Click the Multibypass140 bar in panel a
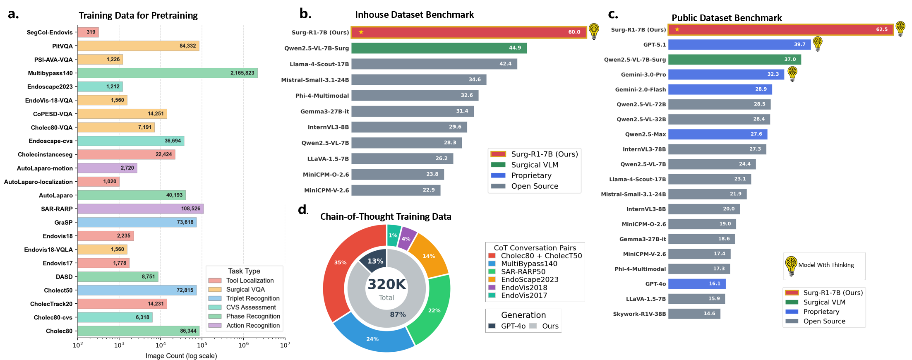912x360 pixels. point(167,73)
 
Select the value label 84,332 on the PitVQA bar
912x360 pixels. point(187,46)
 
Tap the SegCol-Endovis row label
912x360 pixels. point(49,32)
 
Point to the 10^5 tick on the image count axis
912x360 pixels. point(202,345)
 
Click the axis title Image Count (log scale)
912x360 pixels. point(181,356)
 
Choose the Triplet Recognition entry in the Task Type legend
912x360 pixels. point(252,298)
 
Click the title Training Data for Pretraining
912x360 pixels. point(138,16)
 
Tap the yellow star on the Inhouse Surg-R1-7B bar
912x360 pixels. point(361,32)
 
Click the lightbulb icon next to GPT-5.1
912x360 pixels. point(817,43)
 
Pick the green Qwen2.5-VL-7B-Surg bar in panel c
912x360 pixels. point(734,60)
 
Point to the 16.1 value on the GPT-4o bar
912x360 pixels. point(715,284)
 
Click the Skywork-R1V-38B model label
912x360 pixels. point(639,314)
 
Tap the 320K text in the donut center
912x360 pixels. point(386,285)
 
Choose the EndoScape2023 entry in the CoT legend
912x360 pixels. point(529,280)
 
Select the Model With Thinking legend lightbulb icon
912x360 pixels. point(791,266)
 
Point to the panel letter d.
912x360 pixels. point(302,210)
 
